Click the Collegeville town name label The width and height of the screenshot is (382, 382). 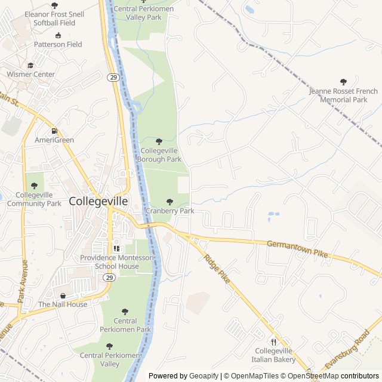[98, 201]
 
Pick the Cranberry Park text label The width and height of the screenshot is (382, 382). [170, 211]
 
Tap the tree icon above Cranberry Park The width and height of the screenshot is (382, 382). [170, 202]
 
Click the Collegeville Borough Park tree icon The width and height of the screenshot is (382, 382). [159, 141]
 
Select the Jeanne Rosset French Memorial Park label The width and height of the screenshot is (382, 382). [343, 95]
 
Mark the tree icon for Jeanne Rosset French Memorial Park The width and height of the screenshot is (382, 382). [343, 82]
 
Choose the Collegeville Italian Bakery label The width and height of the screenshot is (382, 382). [275, 355]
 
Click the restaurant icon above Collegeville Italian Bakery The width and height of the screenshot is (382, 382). [274, 342]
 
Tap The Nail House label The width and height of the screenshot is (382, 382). [63, 304]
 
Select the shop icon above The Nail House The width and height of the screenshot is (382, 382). [63, 295]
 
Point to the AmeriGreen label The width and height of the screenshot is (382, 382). [54, 140]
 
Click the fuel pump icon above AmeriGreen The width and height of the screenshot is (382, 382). [54, 131]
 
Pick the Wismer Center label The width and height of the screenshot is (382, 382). [30, 75]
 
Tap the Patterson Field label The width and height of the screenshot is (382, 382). [58, 44]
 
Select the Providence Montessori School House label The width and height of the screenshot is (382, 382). [117, 261]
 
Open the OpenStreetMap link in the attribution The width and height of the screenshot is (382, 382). [313, 376]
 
